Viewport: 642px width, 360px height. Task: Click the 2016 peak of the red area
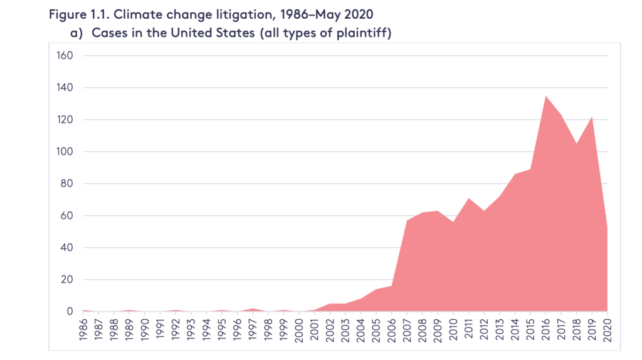point(545,96)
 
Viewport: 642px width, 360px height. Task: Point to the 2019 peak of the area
point(592,117)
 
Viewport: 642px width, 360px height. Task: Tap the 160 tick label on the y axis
point(65,55)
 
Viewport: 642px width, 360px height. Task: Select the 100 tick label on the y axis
point(65,152)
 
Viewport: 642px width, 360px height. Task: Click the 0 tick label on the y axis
point(70,311)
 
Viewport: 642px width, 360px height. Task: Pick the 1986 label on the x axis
point(83,329)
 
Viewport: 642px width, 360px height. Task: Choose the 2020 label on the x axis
point(607,329)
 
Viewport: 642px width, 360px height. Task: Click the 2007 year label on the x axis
point(407,329)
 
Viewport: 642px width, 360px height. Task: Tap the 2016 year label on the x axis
point(545,329)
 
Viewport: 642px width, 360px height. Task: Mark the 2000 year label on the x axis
point(299,329)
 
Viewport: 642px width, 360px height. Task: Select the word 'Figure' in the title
point(66,15)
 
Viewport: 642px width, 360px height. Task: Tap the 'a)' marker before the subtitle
point(76,33)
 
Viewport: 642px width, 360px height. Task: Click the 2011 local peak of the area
point(468,199)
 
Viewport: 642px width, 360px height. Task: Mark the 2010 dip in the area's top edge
point(453,221)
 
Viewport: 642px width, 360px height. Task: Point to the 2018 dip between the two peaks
point(577,144)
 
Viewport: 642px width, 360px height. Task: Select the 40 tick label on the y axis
point(66,247)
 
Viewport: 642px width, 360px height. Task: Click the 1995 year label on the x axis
point(222,329)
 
